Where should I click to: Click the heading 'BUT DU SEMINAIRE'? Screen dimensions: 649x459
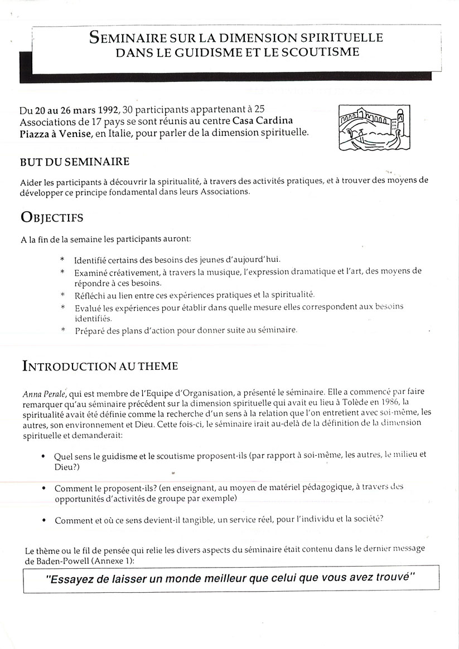click(74, 162)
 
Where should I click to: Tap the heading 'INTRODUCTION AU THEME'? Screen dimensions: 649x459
click(100, 366)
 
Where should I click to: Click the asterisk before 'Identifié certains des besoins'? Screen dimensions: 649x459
click(62, 260)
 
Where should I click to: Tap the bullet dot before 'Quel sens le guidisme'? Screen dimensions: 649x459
click(44, 455)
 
